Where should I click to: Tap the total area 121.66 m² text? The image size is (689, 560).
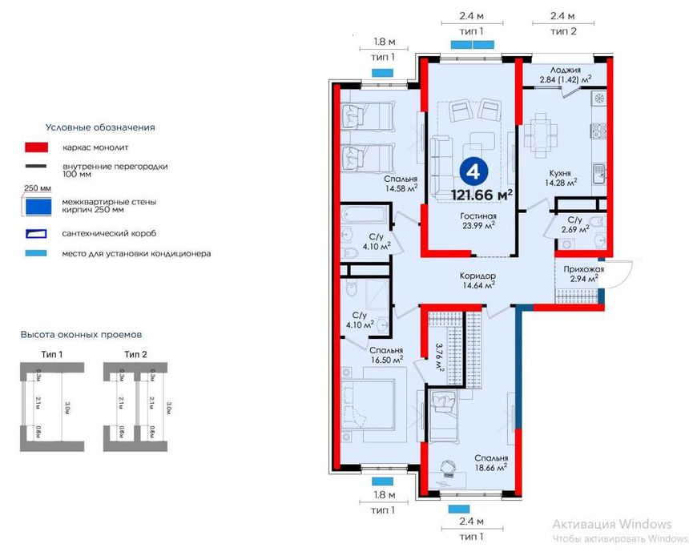(481, 193)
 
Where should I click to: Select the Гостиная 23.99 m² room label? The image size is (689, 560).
(478, 221)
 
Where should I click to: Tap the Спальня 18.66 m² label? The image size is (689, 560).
(490, 462)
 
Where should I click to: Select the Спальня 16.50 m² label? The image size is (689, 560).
(386, 355)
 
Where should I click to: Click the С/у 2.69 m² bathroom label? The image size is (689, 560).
(575, 224)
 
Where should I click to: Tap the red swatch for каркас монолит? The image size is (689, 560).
(37, 148)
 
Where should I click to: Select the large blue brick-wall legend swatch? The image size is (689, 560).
(38, 205)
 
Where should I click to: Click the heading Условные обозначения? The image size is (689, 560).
(99, 127)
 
